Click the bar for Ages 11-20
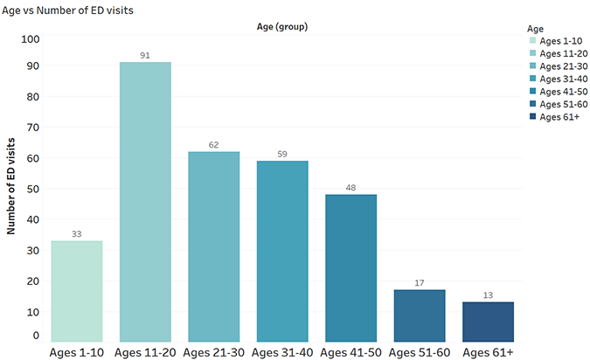point(145,202)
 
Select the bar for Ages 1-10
point(77,291)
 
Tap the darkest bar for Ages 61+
point(488,322)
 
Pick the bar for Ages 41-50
point(351,268)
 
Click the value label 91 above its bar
point(145,56)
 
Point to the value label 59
point(282,155)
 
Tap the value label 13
point(488,295)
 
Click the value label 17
point(420,283)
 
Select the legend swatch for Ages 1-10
point(533,40)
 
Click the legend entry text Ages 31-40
point(564,79)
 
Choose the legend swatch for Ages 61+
point(533,116)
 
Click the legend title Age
point(535,29)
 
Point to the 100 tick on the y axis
point(30,39)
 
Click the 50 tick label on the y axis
point(33,189)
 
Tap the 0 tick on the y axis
point(36,336)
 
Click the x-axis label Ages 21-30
point(214,352)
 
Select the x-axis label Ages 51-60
point(420,352)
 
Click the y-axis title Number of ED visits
point(10,186)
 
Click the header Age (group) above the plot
point(282,27)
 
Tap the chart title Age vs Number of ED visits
point(67,10)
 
